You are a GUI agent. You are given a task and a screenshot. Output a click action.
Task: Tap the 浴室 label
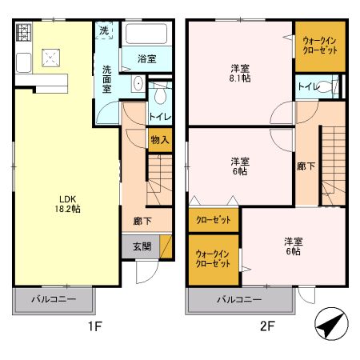point(146,59)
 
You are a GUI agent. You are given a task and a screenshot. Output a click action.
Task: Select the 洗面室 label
point(106,79)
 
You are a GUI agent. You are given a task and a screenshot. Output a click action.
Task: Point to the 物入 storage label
point(159,140)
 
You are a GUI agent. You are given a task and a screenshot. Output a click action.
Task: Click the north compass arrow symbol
point(331,326)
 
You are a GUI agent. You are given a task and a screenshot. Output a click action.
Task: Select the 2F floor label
point(266,326)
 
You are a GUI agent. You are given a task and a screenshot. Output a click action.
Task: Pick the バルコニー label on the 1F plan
point(54,299)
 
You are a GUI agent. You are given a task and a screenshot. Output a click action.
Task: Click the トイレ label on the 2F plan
point(307,86)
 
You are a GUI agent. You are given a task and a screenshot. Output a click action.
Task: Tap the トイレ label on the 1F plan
point(159,116)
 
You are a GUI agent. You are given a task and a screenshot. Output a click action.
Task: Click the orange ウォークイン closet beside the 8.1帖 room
point(320,46)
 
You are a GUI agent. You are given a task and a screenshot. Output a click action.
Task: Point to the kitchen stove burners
point(23,34)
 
